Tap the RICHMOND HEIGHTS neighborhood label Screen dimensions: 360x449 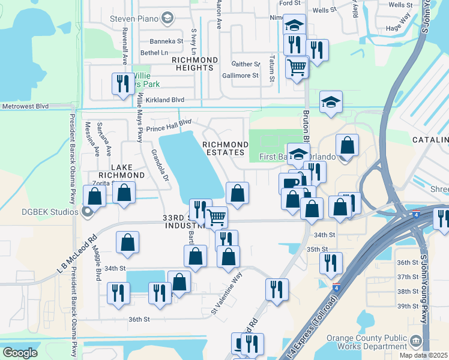tap(194, 64)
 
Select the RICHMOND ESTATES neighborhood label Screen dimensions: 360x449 tap(225, 149)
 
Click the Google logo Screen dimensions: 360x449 tap(20, 353)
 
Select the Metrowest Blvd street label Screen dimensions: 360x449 tap(25, 106)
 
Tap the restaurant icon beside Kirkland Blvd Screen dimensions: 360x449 tap(123, 83)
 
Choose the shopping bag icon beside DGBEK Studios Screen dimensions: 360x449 tap(94, 195)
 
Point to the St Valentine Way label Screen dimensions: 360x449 tap(231, 296)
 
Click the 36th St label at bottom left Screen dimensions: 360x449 tap(139, 320)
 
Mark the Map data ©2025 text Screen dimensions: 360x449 tap(423, 355)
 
